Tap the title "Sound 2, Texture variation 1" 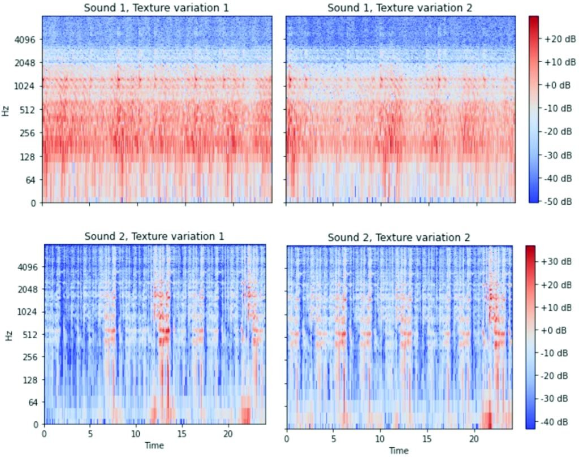point(154,236)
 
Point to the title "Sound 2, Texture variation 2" point(399,237)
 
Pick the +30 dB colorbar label point(558,261)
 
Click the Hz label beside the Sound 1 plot point(6,110)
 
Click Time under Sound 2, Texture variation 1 point(154,446)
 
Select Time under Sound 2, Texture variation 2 point(399,450)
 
